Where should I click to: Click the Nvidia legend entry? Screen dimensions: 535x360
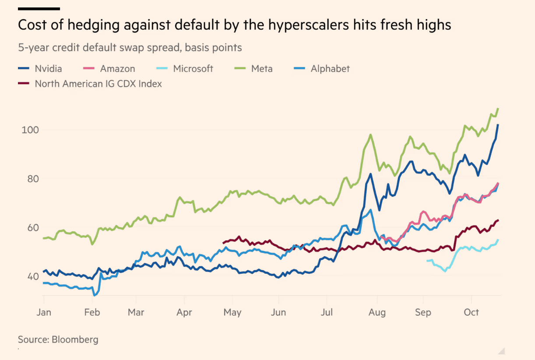point(40,69)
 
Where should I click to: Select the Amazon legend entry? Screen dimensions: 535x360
point(109,69)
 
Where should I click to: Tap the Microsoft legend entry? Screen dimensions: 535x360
point(185,69)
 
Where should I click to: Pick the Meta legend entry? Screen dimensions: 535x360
point(253,69)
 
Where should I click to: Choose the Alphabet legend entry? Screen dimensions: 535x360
point(322,69)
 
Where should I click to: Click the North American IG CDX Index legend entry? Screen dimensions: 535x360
point(90,84)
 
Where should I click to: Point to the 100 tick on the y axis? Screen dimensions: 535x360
point(30,130)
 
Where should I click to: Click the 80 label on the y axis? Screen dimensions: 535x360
point(33,179)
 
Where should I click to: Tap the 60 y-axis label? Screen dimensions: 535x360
point(33,228)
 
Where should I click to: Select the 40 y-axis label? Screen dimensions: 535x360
point(33,277)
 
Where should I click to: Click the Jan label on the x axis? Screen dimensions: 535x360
point(44,312)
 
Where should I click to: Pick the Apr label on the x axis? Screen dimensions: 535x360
point(184,312)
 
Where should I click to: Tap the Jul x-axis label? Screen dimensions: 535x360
point(327,312)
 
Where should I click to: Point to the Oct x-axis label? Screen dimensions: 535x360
point(471,312)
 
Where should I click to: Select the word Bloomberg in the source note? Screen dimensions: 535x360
point(75,340)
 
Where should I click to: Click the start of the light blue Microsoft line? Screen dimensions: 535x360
point(427,261)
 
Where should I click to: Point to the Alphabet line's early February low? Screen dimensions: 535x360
point(95,296)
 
